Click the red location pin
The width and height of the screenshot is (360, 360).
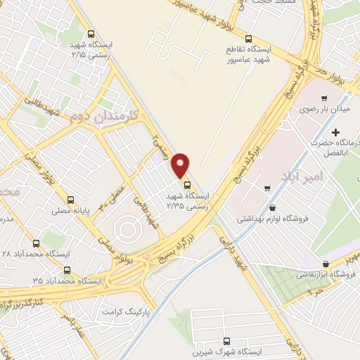pos(181,164)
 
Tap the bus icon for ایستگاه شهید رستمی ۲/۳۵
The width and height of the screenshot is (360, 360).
pos(187,185)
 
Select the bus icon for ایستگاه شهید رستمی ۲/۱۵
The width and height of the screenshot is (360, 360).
pos(91,33)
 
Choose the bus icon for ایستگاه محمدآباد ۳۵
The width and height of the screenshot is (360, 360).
pos(67,269)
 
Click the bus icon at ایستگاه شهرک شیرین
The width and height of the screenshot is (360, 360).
pos(226,340)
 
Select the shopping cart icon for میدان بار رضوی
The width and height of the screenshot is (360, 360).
pos(324,98)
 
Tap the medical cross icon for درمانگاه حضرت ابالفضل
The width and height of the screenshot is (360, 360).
pos(336,132)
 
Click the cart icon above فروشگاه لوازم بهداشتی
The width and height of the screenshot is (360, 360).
pos(267,188)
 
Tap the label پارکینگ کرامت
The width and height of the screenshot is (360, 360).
pos(127,310)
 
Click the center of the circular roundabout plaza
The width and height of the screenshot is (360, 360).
pos(126,227)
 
